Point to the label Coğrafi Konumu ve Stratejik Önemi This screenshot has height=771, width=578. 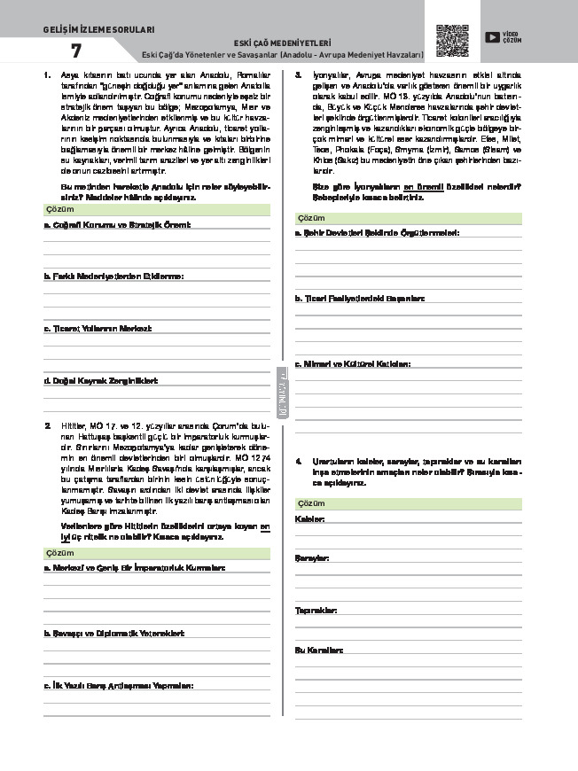(x=117, y=225)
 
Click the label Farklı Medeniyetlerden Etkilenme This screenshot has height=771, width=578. (x=113, y=276)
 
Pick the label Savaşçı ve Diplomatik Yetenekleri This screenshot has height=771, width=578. (x=113, y=634)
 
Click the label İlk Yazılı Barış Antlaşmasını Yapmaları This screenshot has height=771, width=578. (x=118, y=685)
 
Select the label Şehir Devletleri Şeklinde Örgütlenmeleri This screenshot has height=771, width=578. (x=377, y=232)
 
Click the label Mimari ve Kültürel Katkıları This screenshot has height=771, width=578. (x=352, y=363)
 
